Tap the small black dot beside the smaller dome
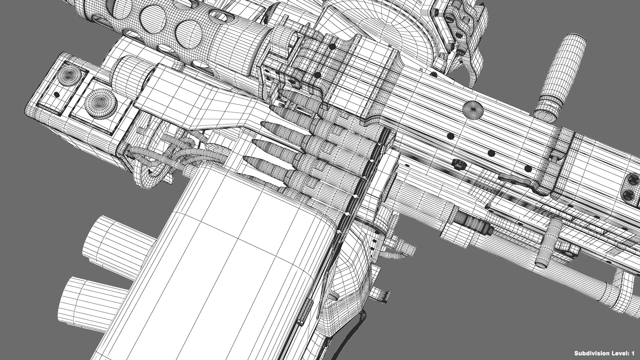pyautogui.click(x=57, y=95)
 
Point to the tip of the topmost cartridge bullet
pyautogui.click(x=279, y=93)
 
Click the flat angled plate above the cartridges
pyautogui.click(x=200, y=100)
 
